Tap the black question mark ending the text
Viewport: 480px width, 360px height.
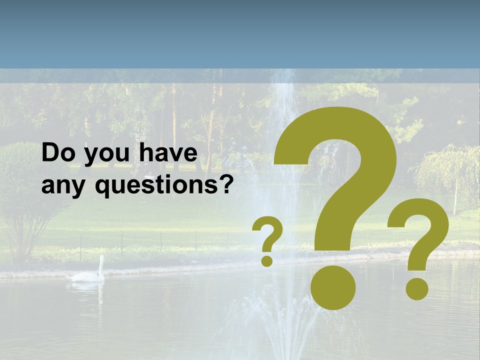coord(226,184)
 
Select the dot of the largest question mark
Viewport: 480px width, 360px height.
coord(333,287)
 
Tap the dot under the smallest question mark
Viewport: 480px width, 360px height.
coord(267,260)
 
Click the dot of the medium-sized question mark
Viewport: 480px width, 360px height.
coord(416,288)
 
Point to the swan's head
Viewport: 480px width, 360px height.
coord(101,258)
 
